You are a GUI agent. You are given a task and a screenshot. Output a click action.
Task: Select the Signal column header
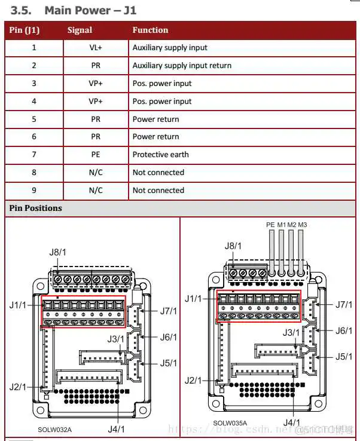tap(80, 30)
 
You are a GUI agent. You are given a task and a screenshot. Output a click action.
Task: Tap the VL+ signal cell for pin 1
tap(96, 48)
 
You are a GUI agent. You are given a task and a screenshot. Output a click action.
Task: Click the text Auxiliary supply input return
tap(182, 66)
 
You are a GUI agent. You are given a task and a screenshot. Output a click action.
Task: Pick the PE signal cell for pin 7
tap(96, 155)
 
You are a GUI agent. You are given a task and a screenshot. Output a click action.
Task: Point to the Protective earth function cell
tap(160, 155)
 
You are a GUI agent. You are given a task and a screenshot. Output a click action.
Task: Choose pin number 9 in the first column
tap(34, 191)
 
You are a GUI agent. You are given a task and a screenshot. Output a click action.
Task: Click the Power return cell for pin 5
tap(155, 120)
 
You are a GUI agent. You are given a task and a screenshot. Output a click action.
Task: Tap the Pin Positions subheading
tap(35, 209)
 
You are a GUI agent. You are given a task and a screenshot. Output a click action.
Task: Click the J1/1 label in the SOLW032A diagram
tap(18, 305)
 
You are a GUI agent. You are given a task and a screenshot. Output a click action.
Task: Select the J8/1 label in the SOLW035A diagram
tap(233, 246)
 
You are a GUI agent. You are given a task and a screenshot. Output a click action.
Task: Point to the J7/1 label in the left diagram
tap(169, 311)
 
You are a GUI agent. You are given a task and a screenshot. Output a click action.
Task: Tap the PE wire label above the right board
tap(270, 225)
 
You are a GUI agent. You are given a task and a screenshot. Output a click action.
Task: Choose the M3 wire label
tap(302, 225)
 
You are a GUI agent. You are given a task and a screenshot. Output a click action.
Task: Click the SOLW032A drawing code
tap(54, 430)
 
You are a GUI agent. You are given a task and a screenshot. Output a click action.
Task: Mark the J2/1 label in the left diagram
tap(18, 387)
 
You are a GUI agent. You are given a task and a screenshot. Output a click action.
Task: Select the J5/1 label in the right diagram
tap(343, 357)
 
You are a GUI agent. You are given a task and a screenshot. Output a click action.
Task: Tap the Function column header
tap(150, 30)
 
